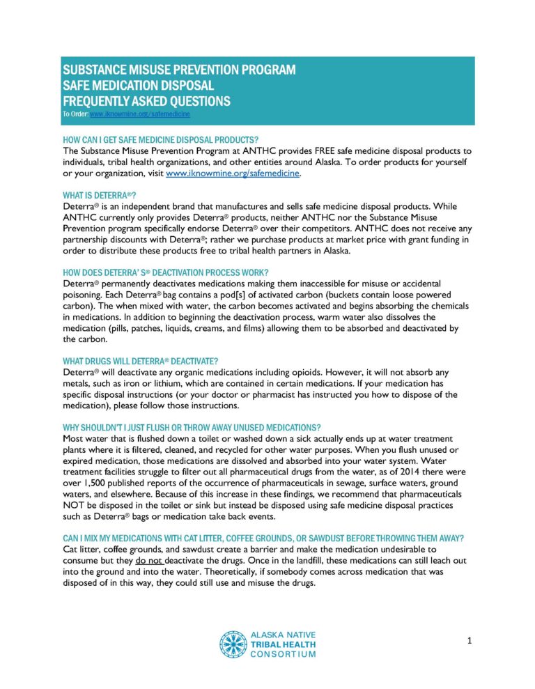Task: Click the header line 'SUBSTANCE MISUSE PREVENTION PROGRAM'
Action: point(179,70)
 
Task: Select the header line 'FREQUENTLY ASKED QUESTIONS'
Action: point(146,101)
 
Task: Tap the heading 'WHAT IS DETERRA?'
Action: point(100,195)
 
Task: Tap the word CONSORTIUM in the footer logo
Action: point(282,653)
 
